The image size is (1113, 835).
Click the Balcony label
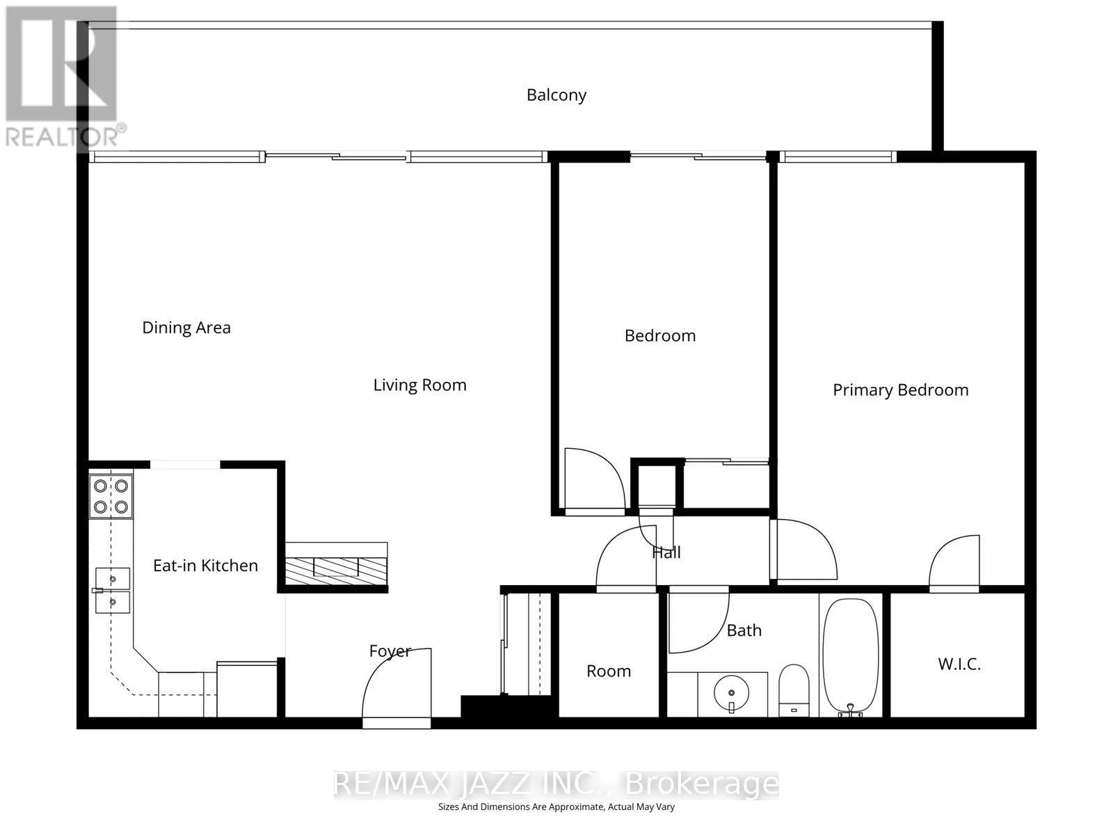[556, 95]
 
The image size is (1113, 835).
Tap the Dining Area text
[186, 328]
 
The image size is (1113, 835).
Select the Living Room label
[419, 385]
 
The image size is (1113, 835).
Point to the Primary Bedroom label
[900, 390]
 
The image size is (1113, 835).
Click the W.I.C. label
[959, 664]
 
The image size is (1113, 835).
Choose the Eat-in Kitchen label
[205, 565]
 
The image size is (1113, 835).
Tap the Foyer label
[390, 651]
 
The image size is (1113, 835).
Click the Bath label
[744, 630]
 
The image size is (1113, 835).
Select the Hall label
[666, 552]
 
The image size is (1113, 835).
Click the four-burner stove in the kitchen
[111, 496]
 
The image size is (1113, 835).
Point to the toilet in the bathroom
[794, 690]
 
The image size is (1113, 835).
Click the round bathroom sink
[731, 693]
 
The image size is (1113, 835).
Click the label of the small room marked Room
[609, 671]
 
